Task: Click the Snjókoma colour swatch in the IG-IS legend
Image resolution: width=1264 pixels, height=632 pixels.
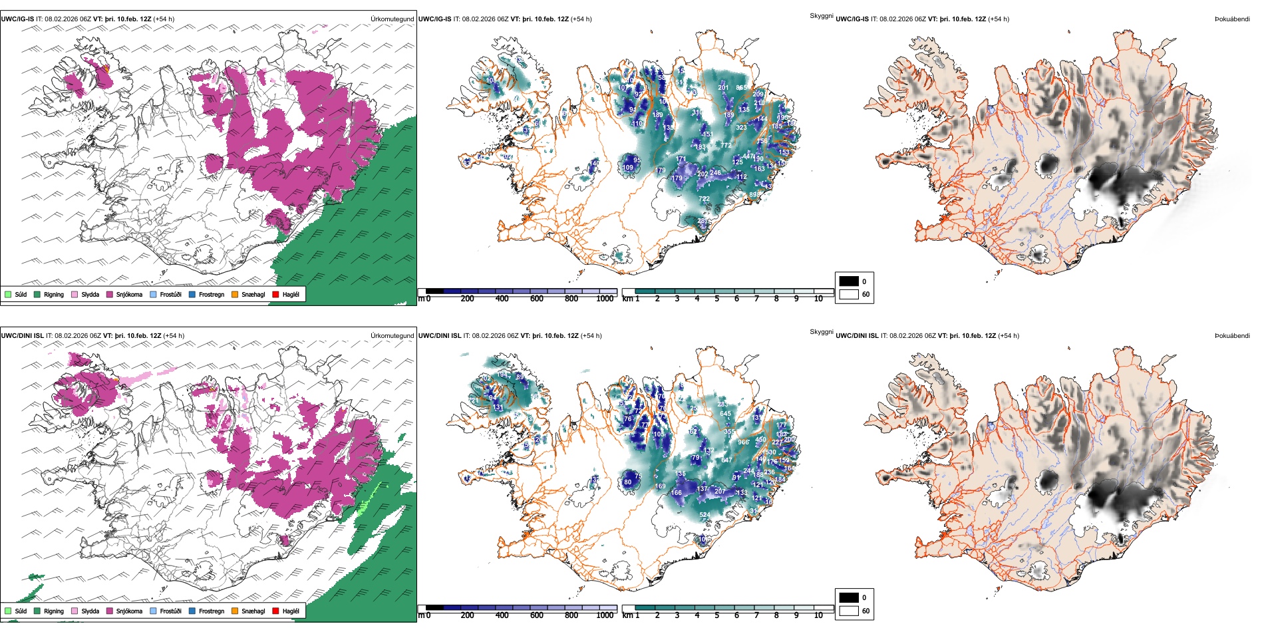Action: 110,294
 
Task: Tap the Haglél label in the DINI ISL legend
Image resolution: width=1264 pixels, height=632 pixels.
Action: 291,611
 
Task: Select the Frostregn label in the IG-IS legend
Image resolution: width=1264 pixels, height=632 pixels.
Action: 211,294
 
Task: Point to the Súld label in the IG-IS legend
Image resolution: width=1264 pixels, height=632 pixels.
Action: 21,294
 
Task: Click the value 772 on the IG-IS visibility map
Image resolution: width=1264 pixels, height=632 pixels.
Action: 726,145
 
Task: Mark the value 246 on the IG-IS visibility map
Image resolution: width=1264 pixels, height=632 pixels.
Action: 715,173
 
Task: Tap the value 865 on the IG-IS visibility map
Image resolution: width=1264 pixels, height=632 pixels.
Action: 741,88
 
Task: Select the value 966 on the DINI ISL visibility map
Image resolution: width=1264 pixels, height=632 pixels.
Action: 743,442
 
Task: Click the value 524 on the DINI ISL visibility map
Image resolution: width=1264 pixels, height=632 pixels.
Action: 704,515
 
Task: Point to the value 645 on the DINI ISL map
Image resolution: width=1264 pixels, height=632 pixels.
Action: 725,414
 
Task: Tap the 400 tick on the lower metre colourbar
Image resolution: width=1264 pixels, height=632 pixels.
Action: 502,615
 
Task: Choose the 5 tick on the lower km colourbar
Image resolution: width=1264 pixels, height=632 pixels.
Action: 716,615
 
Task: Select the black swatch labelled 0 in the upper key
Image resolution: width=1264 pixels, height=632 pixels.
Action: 849,281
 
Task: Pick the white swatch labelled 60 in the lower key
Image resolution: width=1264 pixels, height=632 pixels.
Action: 849,611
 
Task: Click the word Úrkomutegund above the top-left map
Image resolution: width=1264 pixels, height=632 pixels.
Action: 392,19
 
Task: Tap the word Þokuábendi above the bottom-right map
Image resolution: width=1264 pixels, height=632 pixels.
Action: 1232,335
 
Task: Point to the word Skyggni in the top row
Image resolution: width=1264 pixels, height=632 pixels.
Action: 821,15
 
